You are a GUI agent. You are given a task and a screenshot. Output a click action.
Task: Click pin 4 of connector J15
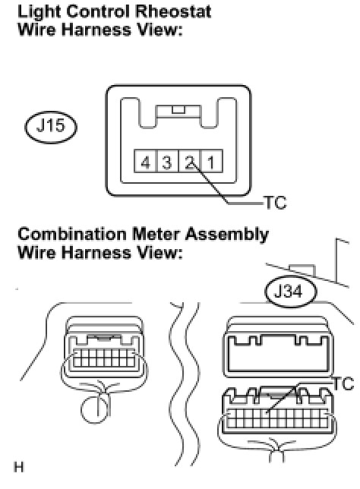[x=145, y=161]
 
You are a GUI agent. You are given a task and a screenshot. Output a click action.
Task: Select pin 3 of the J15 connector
[x=167, y=161]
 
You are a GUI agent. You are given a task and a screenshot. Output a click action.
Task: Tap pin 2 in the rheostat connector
[x=189, y=161]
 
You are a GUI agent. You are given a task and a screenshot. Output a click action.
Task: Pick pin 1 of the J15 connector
[x=211, y=161]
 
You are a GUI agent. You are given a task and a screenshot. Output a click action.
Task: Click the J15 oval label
[x=51, y=127]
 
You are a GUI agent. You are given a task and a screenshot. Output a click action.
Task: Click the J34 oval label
[x=291, y=292]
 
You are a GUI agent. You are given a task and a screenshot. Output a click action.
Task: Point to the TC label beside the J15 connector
[x=275, y=203]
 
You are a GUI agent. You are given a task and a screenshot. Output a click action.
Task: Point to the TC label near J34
[x=343, y=383]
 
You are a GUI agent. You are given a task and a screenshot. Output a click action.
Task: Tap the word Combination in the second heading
[x=72, y=235]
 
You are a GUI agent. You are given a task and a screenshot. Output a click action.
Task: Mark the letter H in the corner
[x=19, y=467]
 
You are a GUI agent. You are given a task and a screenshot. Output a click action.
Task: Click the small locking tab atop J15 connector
[x=178, y=110]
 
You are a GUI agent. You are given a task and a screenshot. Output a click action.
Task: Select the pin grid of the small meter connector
[x=104, y=358]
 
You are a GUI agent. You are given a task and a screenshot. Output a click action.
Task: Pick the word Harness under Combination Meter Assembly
[x=96, y=253]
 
